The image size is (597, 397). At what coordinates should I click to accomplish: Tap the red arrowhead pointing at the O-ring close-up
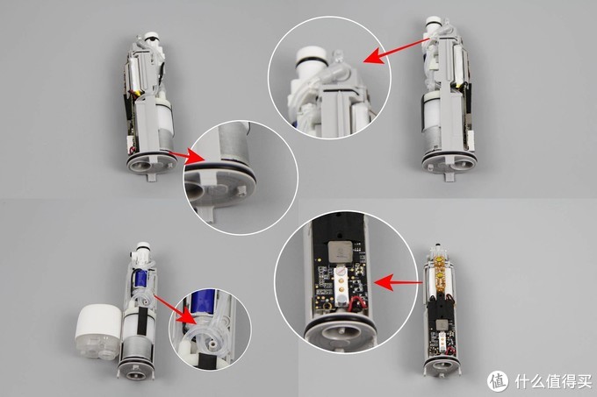[193, 157]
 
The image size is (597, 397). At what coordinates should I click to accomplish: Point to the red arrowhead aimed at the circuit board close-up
[384, 283]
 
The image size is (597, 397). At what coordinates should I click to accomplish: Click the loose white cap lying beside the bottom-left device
[97, 331]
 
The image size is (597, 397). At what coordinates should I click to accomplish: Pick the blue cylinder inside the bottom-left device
[141, 280]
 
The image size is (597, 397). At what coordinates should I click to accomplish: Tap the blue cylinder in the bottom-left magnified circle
[204, 302]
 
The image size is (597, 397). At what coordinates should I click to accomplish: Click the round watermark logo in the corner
[498, 381]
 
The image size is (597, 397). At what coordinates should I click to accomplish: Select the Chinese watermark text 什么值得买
[553, 381]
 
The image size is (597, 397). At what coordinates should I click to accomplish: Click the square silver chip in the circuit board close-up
[338, 252]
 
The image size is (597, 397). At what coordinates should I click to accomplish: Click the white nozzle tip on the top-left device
[152, 37]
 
